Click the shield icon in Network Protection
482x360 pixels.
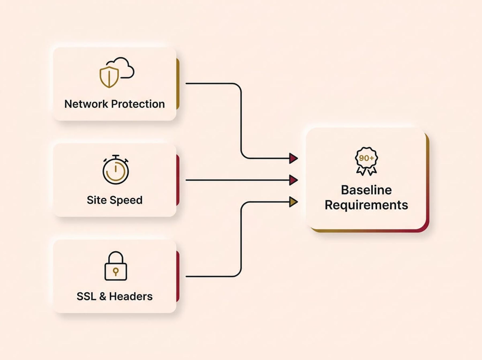(x=109, y=77)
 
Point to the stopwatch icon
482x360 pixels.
(x=116, y=170)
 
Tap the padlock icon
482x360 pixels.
(x=116, y=266)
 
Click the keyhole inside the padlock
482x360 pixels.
(x=116, y=271)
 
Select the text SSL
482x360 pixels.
(x=86, y=297)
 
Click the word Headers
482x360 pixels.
(x=131, y=297)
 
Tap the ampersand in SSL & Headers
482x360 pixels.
(x=103, y=297)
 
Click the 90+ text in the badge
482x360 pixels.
(x=366, y=158)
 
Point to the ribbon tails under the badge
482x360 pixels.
(x=366, y=171)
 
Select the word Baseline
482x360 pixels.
(x=366, y=190)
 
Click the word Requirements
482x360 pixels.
(x=366, y=205)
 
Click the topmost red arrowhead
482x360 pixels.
(x=293, y=158)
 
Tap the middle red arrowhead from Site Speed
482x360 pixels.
(x=293, y=180)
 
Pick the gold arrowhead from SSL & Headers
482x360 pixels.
(x=293, y=202)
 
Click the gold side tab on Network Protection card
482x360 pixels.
(x=178, y=84)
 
